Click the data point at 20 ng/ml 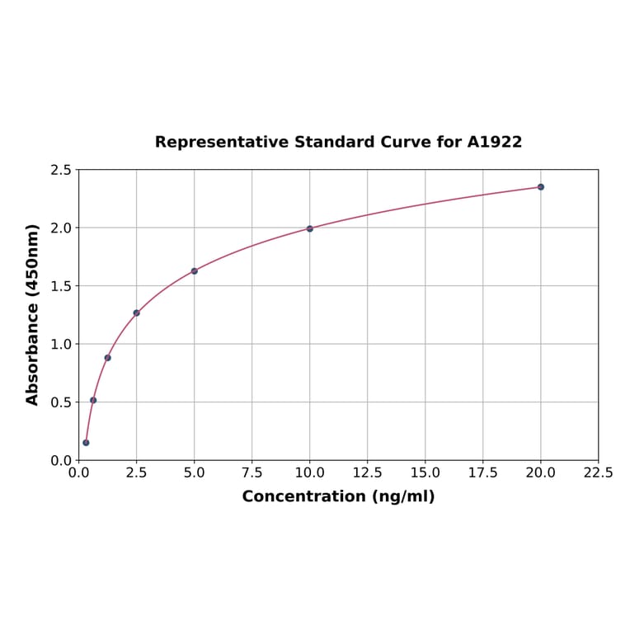541,187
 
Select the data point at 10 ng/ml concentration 310,228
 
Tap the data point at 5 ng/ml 195,271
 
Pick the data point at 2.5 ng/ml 137,313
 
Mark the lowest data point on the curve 86,443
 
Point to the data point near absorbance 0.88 108,358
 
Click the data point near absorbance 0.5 93,400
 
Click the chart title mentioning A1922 338,142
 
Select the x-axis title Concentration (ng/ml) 338,496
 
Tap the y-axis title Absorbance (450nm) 33,314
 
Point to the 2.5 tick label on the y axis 61,170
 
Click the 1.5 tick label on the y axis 61,286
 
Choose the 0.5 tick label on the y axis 61,402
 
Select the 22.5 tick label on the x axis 598,473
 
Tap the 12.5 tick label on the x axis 368,473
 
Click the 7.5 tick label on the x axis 252,473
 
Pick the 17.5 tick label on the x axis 483,473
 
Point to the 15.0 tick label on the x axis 425,473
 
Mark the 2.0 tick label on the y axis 61,228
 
